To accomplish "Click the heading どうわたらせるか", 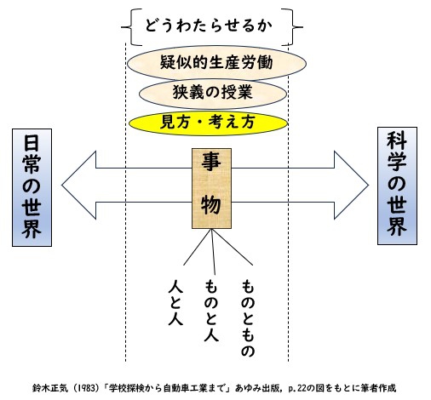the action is (209, 26).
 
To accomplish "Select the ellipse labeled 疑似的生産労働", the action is (216, 63).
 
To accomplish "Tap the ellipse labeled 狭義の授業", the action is (213, 94).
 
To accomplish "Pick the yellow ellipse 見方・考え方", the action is (209, 123).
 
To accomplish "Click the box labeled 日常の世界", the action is (32, 187).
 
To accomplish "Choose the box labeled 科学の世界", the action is (397, 186).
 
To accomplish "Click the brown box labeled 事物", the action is (211, 188).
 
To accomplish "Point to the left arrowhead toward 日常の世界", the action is (79, 185).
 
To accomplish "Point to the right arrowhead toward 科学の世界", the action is (352, 185).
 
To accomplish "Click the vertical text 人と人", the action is (175, 302).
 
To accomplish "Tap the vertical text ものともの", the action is (247, 318).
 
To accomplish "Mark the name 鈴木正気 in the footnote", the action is (50, 388).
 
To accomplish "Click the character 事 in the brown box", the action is (211, 162).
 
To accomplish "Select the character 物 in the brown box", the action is (211, 205).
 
